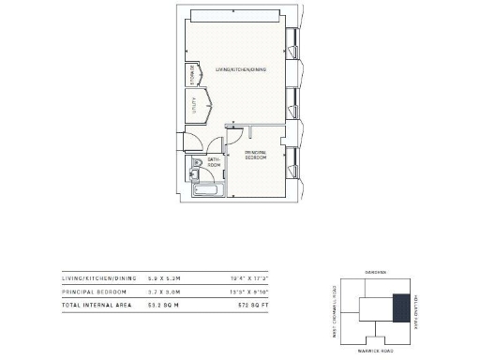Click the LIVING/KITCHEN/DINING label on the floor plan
pos(242,70)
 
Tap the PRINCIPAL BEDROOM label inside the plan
pos(256,155)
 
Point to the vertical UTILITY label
pos(194,109)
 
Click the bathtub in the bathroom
pos(206,187)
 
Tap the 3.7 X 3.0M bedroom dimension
pos(161,292)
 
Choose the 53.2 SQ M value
pos(161,306)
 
